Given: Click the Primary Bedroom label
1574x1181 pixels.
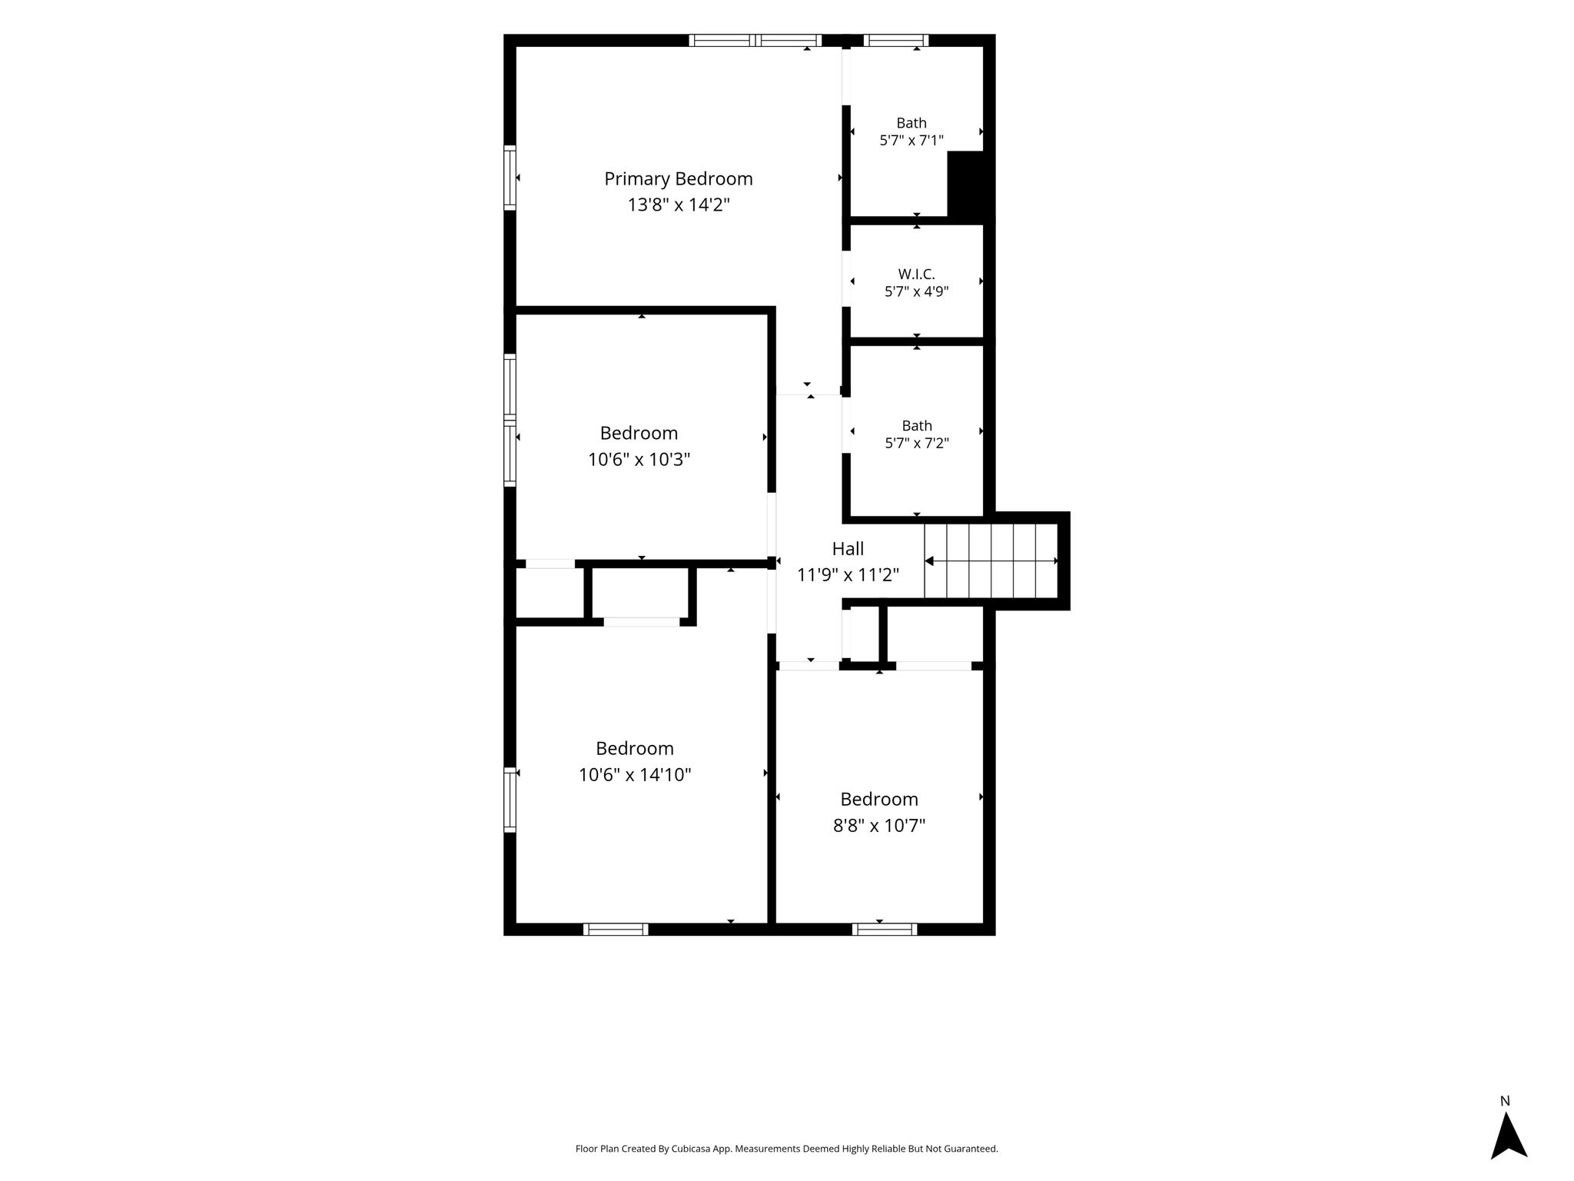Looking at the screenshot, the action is [x=678, y=179].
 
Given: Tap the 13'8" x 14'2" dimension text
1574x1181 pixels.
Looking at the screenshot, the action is [x=679, y=205].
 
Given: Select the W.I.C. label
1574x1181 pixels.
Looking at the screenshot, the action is [x=916, y=274].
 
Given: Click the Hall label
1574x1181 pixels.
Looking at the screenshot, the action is [x=848, y=549].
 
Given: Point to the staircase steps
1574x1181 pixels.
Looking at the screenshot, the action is [x=991, y=561].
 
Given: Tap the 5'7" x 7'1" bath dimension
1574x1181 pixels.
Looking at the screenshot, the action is [x=912, y=141].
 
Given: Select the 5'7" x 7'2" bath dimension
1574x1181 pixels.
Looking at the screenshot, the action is [x=917, y=444].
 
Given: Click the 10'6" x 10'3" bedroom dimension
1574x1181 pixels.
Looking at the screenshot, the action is [x=639, y=460].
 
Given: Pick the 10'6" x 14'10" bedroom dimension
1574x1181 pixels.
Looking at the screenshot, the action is [x=635, y=775].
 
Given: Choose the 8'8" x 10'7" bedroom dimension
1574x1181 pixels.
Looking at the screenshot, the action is [x=879, y=826].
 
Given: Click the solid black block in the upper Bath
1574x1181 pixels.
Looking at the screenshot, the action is [x=966, y=184].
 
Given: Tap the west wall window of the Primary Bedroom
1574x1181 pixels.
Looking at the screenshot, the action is [x=510, y=178].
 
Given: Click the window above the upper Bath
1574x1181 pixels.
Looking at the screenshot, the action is [x=896, y=41].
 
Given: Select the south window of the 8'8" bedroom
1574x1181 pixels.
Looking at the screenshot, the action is [x=885, y=930].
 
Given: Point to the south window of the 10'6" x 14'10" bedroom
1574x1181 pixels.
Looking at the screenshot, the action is [x=616, y=930].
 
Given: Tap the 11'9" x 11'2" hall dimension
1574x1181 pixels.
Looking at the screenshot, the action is [x=848, y=575].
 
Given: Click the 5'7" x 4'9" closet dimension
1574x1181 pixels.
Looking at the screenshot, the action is [x=917, y=292].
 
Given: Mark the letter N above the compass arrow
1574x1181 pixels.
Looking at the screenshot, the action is [x=1506, y=1101].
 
